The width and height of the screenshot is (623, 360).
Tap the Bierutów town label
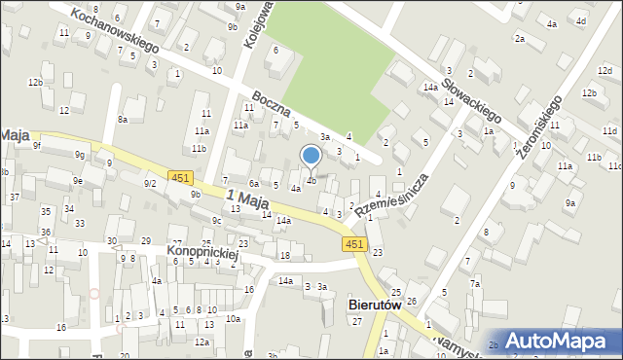(x=375, y=305)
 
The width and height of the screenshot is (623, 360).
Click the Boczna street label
(x=271, y=109)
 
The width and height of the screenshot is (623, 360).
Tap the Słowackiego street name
(x=466, y=86)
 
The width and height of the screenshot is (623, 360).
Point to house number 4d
(x=581, y=20)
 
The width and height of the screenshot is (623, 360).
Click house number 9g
(x=81, y=155)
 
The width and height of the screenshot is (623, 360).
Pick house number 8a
(x=123, y=119)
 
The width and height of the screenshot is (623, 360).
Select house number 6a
(x=253, y=183)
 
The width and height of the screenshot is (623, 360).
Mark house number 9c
(x=218, y=221)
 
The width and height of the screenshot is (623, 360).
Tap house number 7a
(x=475, y=283)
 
